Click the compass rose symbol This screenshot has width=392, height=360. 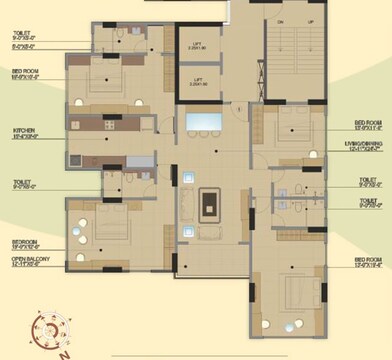pos(46,328)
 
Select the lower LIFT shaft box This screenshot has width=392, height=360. pos(199,81)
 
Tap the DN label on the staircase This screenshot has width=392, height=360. pos(281,20)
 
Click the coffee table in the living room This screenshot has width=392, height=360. pos(208,203)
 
